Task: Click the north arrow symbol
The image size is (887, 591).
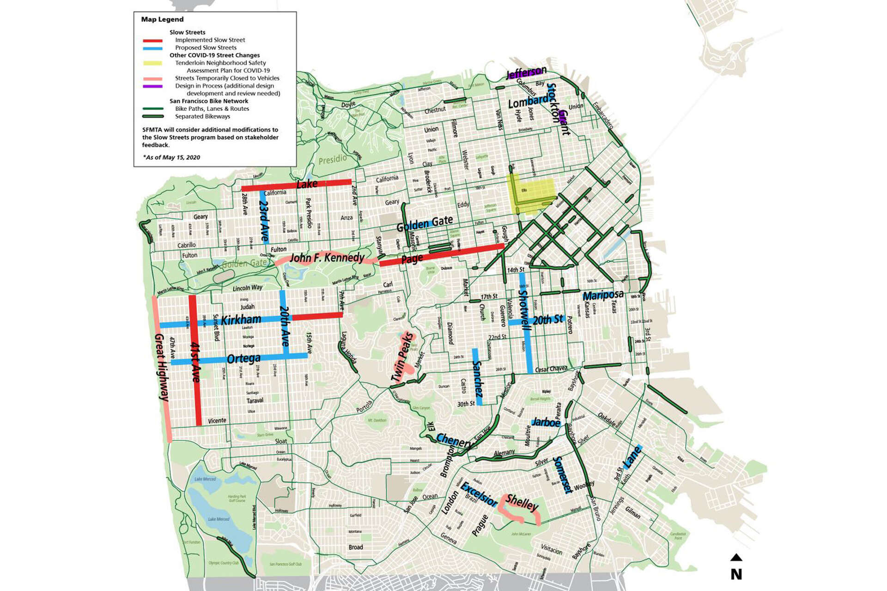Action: click(x=736, y=558)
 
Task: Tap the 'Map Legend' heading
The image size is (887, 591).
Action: click(x=162, y=19)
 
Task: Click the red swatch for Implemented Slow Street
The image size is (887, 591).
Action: click(x=152, y=41)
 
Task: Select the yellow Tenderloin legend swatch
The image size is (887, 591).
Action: click(x=152, y=63)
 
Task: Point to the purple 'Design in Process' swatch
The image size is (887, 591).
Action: click(x=152, y=86)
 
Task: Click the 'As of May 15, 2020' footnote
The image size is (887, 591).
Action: click(x=171, y=157)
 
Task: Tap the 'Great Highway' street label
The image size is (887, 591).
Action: click(x=162, y=367)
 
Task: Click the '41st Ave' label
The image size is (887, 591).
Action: click(x=195, y=362)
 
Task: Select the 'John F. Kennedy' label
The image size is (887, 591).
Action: click(x=327, y=257)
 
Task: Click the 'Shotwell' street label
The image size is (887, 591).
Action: click(x=525, y=310)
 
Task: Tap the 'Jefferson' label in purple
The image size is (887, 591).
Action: click(x=526, y=73)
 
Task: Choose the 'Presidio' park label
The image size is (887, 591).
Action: click(x=333, y=159)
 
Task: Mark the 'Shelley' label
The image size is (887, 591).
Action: click(x=522, y=502)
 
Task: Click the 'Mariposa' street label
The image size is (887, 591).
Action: click(x=603, y=295)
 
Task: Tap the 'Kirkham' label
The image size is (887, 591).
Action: click(x=241, y=320)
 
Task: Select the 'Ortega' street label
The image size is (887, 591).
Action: click(x=243, y=358)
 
